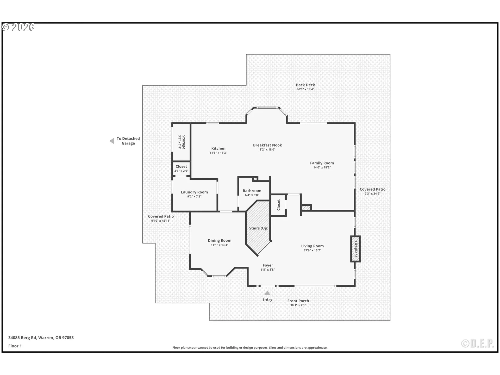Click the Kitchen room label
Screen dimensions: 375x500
pyautogui.click(x=218, y=148)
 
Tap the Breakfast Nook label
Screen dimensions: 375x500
pyautogui.click(x=267, y=145)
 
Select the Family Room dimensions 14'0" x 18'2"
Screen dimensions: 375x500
pyautogui.click(x=322, y=167)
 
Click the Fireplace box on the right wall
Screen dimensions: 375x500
pyautogui.click(x=355, y=249)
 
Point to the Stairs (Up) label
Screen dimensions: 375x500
pyautogui.click(x=259, y=228)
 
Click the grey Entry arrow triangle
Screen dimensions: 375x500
pyautogui.click(x=267, y=293)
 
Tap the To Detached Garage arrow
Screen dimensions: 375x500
pyautogui.click(x=112, y=141)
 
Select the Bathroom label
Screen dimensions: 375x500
pyautogui.click(x=252, y=191)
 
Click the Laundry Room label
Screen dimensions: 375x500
pyautogui.click(x=194, y=192)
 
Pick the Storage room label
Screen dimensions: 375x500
pyautogui.click(x=184, y=142)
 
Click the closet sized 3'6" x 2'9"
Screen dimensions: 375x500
pyautogui.click(x=181, y=168)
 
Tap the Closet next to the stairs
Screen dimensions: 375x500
pyautogui.click(x=278, y=205)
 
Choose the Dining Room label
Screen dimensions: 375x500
pyautogui.click(x=219, y=240)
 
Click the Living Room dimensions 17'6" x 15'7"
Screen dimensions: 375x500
pyautogui.click(x=312, y=250)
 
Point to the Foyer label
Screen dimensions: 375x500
pyautogui.click(x=268, y=265)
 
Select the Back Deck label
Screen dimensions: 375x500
pyautogui.click(x=305, y=85)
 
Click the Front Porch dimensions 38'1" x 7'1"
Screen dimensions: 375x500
pyautogui.click(x=298, y=305)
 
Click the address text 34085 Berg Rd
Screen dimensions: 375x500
pyautogui.click(x=41, y=337)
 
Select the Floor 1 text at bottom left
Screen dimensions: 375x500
pyautogui.click(x=15, y=346)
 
